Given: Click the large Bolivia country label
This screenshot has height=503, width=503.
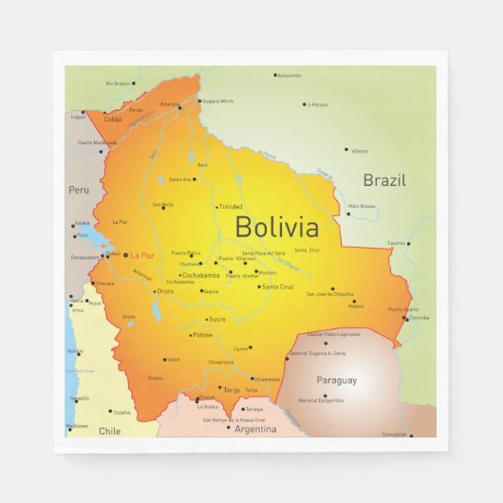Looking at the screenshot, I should [276, 227].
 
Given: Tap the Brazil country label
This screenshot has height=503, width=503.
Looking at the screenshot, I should [384, 179].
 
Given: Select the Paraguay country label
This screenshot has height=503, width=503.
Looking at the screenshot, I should [337, 381].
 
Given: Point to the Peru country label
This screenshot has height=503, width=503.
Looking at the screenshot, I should [78, 190].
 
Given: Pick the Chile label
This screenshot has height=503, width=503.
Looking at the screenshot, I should [110, 430].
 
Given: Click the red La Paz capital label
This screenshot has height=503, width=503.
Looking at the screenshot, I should [141, 254].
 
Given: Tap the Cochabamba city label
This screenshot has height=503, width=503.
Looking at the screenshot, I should [200, 275].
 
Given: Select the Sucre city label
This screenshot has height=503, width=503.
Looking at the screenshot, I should [216, 319].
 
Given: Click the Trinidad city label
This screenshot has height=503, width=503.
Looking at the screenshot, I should [231, 206].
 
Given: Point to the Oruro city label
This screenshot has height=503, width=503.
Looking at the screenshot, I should [165, 291].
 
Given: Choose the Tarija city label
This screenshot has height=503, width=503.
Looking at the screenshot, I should [232, 389].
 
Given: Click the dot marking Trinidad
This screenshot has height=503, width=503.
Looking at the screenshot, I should [215, 206].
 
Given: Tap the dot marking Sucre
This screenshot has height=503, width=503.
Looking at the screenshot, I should [204, 319].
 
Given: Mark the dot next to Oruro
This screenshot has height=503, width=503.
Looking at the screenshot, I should [154, 291].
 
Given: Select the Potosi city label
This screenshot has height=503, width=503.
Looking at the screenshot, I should [202, 335].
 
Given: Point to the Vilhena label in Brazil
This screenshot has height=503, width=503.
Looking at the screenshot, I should [359, 151].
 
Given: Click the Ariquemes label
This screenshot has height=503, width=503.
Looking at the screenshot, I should [289, 75].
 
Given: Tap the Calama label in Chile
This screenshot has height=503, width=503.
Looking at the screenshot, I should [121, 412].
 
